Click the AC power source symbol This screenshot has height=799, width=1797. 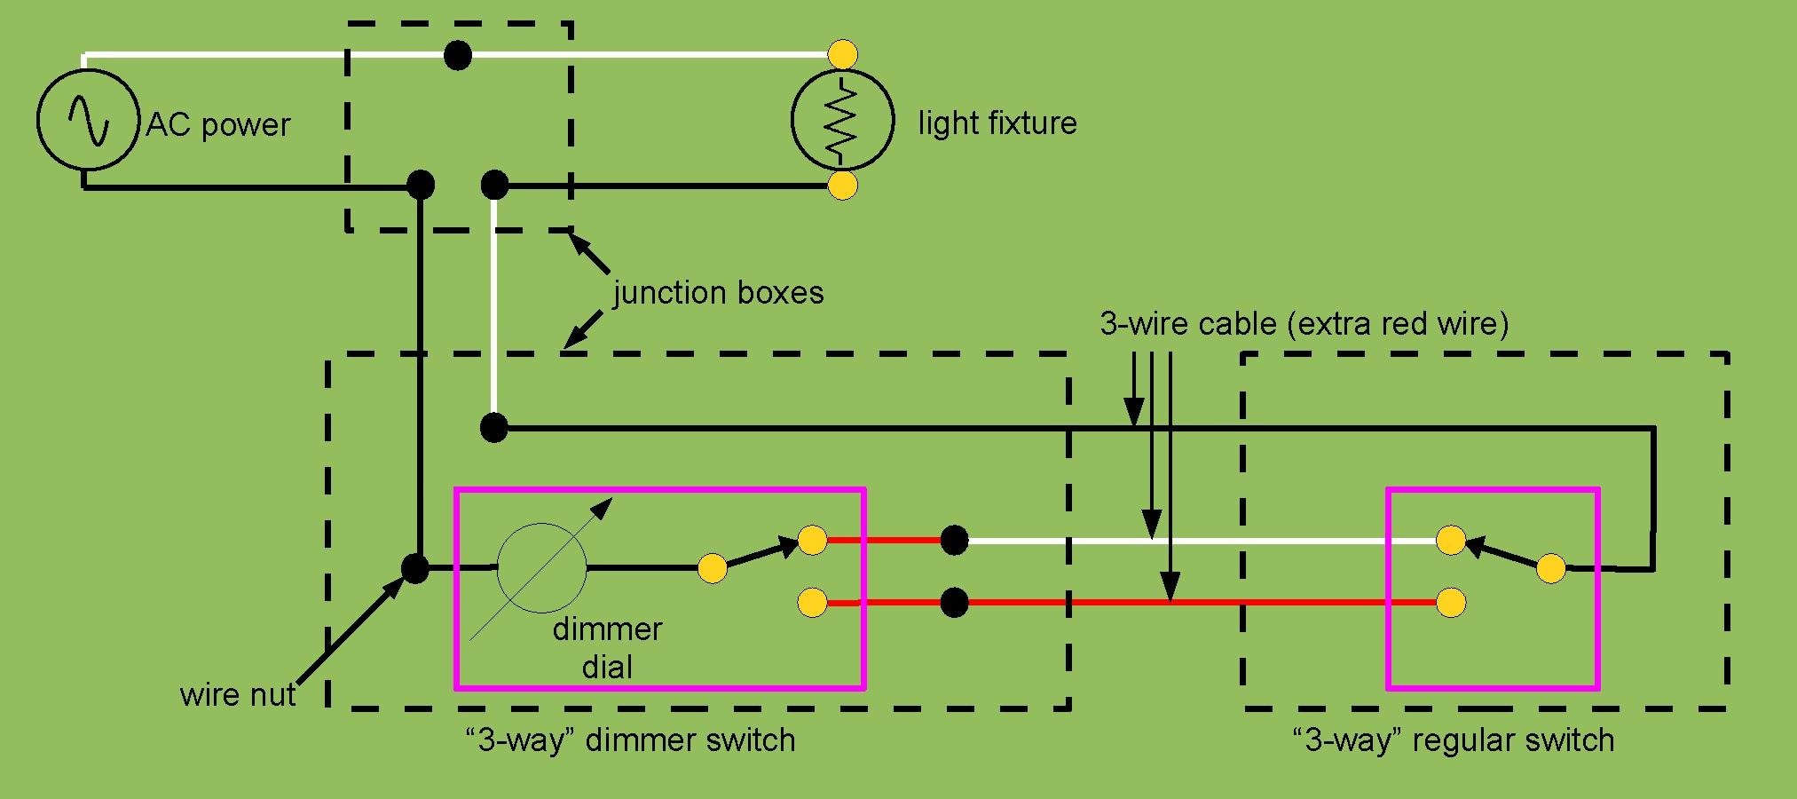[x=87, y=119]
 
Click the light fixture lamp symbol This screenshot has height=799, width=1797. [x=841, y=121]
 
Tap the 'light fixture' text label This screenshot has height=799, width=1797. [x=997, y=123]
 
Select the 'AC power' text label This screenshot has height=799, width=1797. [x=218, y=125]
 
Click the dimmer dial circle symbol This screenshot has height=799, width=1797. [x=541, y=568]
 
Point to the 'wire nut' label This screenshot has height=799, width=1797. [x=237, y=694]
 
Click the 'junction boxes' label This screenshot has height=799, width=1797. [x=718, y=293]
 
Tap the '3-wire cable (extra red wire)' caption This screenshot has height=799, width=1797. [x=1304, y=323]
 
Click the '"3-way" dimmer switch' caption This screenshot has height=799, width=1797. [x=630, y=740]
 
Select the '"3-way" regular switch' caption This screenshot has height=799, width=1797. [x=1453, y=740]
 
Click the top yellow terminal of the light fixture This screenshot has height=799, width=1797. [x=842, y=54]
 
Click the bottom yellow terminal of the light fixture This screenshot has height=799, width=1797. [x=842, y=186]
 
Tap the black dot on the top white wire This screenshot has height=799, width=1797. [x=457, y=55]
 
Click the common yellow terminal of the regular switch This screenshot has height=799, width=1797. [x=1550, y=568]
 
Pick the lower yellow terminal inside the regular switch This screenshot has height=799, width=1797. [x=1450, y=603]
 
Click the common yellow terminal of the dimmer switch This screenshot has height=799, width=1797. [x=712, y=568]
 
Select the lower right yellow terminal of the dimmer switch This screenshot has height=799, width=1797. [x=812, y=603]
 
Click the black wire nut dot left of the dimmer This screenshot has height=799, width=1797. [x=414, y=568]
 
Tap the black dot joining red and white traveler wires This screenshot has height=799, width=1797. [x=954, y=540]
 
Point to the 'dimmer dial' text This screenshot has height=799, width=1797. [x=607, y=648]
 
